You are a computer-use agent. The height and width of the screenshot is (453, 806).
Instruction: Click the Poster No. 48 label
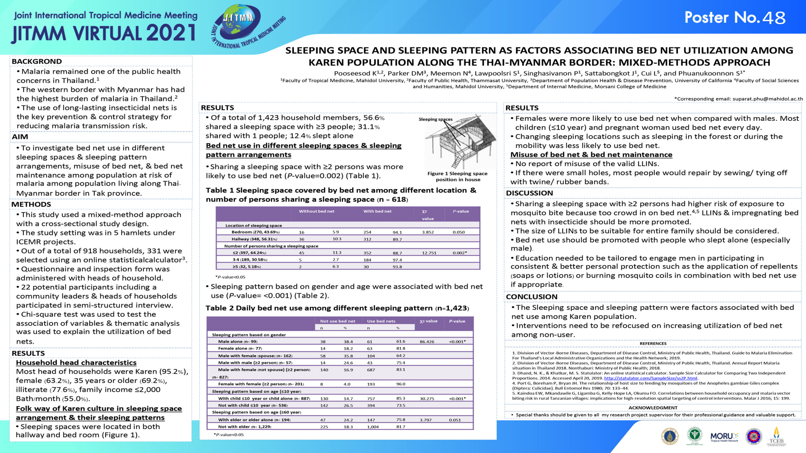click(735, 18)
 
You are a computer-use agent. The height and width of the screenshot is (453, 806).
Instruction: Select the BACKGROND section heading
click(37, 61)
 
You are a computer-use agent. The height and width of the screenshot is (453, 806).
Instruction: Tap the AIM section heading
click(20, 137)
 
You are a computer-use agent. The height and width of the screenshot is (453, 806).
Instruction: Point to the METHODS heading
click(31, 204)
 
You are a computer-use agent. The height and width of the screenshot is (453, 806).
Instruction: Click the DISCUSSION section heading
click(529, 193)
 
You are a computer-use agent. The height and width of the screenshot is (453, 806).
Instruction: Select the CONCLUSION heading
click(531, 297)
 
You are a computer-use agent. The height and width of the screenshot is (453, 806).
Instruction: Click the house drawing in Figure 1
click(460, 142)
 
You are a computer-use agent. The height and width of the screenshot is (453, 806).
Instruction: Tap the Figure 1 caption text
click(457, 176)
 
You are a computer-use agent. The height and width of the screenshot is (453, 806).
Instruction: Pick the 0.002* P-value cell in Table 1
click(460, 253)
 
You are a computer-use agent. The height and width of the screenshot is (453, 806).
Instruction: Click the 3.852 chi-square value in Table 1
click(428, 232)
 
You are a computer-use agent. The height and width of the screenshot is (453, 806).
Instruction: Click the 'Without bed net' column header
click(316, 211)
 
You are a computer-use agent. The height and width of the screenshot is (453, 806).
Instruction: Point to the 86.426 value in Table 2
click(427, 342)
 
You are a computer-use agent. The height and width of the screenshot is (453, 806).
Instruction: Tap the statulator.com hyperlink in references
click(650, 378)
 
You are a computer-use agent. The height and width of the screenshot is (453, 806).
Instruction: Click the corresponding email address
click(768, 99)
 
